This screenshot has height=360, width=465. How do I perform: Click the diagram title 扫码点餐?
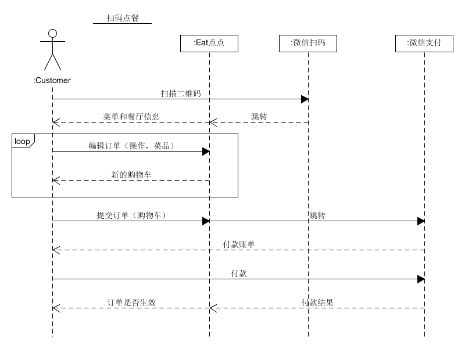(x=123, y=18)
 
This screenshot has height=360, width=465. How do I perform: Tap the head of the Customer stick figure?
(x=52, y=33)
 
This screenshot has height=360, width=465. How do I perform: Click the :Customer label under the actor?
(x=52, y=80)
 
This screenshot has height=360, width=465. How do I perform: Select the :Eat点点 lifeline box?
(x=209, y=43)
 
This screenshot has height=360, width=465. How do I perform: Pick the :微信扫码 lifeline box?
(x=308, y=43)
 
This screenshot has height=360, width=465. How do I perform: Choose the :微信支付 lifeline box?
(x=424, y=43)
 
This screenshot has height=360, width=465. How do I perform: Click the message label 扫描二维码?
(x=181, y=93)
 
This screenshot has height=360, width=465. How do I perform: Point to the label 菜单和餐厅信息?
(x=131, y=116)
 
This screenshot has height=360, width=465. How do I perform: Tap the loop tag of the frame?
(x=23, y=141)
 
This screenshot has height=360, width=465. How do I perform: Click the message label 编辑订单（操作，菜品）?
(x=131, y=145)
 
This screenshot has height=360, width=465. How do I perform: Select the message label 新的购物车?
(x=131, y=174)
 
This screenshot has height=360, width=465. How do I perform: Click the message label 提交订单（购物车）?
(x=131, y=215)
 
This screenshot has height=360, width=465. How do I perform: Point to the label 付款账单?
(x=239, y=244)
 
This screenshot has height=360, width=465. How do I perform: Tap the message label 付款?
(x=239, y=273)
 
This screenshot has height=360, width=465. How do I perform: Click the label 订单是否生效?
(x=131, y=302)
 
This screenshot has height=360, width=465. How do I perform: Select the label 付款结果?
(x=317, y=302)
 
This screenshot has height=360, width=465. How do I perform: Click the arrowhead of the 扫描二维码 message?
(x=305, y=99)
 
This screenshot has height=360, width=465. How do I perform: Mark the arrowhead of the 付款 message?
(x=421, y=279)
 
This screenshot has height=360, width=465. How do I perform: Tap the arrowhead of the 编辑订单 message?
(x=206, y=151)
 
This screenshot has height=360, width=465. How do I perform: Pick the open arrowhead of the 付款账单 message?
(x=55, y=250)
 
